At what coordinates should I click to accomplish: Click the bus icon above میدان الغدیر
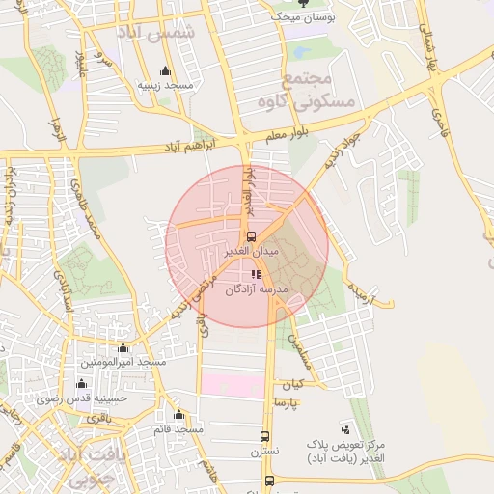pyautogui.click(x=252, y=236)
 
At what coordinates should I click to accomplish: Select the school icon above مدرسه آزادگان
pyautogui.click(x=256, y=275)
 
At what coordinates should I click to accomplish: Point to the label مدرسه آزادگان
pyautogui.click(x=257, y=289)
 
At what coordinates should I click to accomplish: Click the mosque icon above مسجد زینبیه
pyautogui.click(x=165, y=71)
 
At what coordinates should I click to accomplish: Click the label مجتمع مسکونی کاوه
pyautogui.click(x=322, y=89)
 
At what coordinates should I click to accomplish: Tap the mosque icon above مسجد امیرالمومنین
pyautogui.click(x=123, y=348)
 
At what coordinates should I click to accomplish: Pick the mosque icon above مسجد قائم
pyautogui.click(x=179, y=415)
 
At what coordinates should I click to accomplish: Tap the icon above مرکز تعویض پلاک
pyautogui.click(x=345, y=428)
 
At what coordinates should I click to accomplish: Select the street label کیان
pyautogui.click(x=292, y=383)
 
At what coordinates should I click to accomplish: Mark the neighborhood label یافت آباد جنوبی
pyautogui.click(x=84, y=464)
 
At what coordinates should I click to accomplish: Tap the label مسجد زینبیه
pyautogui.click(x=165, y=86)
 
